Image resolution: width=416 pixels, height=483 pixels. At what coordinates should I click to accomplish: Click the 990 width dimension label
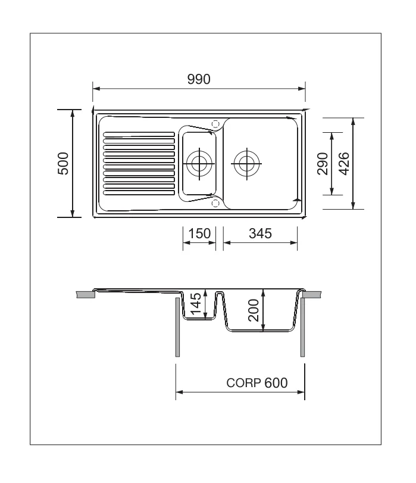tap(199, 79)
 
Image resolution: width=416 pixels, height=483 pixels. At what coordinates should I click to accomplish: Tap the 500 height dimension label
tap(63, 164)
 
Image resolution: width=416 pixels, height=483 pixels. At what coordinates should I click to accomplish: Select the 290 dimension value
tap(323, 164)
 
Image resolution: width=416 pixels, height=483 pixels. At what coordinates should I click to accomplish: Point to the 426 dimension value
tap(344, 164)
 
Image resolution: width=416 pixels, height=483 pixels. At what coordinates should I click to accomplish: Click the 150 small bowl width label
tap(199, 233)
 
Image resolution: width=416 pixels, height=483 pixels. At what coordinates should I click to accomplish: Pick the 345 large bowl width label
tap(261, 233)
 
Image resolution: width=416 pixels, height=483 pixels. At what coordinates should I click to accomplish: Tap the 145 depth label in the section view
tap(196, 304)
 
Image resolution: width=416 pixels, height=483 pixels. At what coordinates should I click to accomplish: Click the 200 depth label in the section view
tap(254, 310)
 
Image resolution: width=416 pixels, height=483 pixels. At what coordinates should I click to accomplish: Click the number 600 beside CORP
tap(276, 383)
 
